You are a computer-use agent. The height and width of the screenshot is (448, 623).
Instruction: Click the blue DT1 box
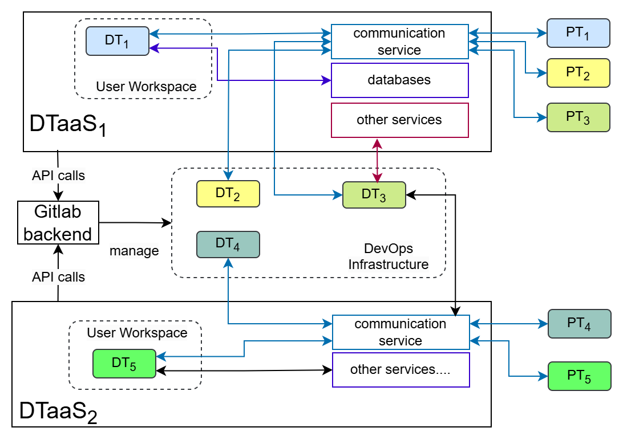tap(118, 41)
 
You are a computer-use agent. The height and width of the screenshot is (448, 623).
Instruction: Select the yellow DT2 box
tap(228, 194)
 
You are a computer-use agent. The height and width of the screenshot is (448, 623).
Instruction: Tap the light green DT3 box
tap(374, 195)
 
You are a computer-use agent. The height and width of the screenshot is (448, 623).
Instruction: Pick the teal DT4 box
tap(228, 244)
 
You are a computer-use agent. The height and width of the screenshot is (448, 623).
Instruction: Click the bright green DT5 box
tap(124, 364)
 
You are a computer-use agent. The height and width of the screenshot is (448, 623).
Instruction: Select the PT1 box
tap(578, 33)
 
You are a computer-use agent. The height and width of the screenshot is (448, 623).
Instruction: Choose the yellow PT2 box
tap(578, 73)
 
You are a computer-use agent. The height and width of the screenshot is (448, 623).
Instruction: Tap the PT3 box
tap(578, 117)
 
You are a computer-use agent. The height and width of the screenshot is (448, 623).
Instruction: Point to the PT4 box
tap(579, 324)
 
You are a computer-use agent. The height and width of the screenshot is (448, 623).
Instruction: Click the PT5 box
tap(579, 376)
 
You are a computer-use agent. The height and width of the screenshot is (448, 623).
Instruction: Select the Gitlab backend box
tap(58, 222)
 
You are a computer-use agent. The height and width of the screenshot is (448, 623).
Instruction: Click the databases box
tap(399, 80)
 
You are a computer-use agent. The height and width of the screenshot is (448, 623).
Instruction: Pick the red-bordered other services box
tap(399, 120)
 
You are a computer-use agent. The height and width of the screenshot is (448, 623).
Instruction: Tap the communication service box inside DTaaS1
tap(399, 42)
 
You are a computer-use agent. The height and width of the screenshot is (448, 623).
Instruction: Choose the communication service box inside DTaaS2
tap(400, 332)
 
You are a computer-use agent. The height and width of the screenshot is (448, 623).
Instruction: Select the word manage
tap(134, 251)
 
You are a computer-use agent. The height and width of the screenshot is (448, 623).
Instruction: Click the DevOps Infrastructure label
tap(389, 256)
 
